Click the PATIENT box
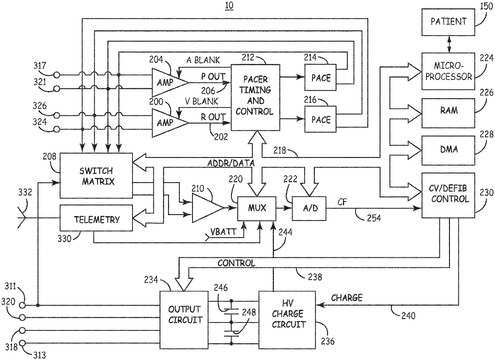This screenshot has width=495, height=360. tap(448, 22)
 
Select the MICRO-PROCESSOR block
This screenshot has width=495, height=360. tap(448, 71)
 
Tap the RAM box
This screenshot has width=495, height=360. tap(448, 113)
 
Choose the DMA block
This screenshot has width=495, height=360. tap(448, 150)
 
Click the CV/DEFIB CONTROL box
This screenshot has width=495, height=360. tap(448, 195)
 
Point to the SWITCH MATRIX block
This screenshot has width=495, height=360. tap(96, 175)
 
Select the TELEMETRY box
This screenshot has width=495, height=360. tap(96, 218)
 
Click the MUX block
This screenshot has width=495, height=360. tap(257, 209)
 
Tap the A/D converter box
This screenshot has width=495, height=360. tap(309, 209)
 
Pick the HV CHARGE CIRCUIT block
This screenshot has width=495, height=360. tap(287, 320)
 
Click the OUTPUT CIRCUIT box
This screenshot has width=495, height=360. tap(184, 320)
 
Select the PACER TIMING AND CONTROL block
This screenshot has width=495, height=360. tap(255, 97)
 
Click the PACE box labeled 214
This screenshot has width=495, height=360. tap(321, 78)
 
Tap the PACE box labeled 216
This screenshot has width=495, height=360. tap(321, 119)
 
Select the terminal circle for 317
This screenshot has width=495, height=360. tap(57, 75)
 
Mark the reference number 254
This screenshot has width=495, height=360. tap(374, 218)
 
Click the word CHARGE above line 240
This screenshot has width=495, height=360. tap(347, 298)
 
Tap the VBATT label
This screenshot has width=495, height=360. tap(220, 232)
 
